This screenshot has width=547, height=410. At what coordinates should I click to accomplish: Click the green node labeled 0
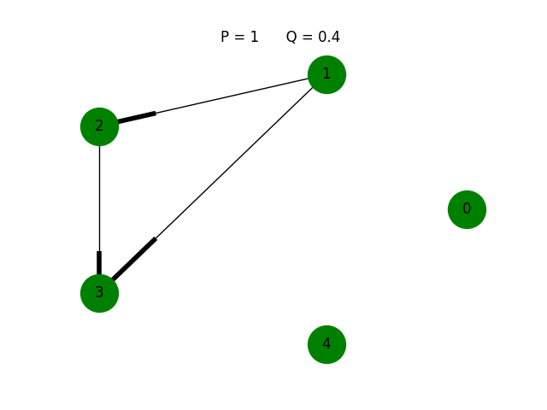pyautogui.click(x=467, y=209)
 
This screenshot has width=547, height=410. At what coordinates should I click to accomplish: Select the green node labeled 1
pyautogui.click(x=326, y=74)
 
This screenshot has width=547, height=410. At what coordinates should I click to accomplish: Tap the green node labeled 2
pyautogui.click(x=99, y=126)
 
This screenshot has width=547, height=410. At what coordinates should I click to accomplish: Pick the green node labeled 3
pyautogui.click(x=99, y=293)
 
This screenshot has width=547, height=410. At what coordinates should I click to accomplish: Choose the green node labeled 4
pyautogui.click(x=326, y=344)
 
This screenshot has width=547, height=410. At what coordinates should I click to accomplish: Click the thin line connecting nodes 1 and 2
pyautogui.click(x=231, y=96)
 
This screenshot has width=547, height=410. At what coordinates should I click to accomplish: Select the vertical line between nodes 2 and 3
pyautogui.click(x=99, y=196)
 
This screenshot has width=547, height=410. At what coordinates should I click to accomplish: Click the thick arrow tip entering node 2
pyautogui.click(x=137, y=118)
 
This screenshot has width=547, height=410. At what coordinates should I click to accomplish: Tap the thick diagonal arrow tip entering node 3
pyautogui.click(x=134, y=259)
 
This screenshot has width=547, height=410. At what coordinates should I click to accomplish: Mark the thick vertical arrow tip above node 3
pyautogui.click(x=99, y=263)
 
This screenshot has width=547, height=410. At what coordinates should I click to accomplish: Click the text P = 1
pyautogui.click(x=239, y=37)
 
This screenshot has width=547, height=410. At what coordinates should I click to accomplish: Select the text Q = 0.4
pyautogui.click(x=313, y=37)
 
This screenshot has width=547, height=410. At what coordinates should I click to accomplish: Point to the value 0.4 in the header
pyautogui.click(x=328, y=37)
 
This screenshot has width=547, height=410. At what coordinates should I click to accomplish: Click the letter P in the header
pyautogui.click(x=225, y=37)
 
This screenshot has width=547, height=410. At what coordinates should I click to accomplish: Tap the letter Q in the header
pyautogui.click(x=291, y=37)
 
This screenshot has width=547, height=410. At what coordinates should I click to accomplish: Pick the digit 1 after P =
pyautogui.click(x=254, y=37)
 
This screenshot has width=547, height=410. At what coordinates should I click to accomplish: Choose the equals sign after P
pyautogui.click(x=239, y=38)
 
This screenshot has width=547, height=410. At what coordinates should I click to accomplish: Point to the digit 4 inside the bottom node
pyautogui.click(x=326, y=344)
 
